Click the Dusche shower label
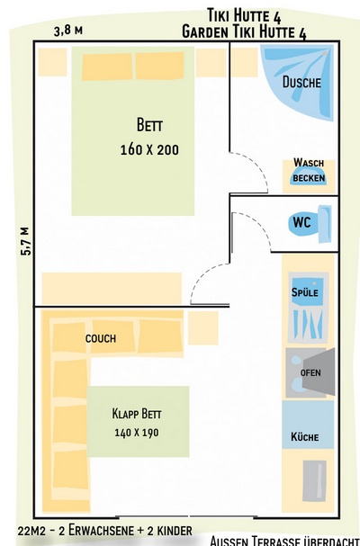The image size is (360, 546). (301, 83)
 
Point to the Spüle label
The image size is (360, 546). (305, 291)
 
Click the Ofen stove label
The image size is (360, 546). (310, 373)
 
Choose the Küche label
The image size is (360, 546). (305, 436)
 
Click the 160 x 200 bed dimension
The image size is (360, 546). (149, 149)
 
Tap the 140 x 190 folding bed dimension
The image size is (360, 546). (137, 433)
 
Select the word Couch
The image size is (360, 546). (101, 338)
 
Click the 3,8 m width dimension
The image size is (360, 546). (68, 31)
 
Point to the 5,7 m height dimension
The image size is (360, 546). (25, 242)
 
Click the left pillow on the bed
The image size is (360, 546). (107, 67)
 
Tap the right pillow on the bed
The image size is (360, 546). (159, 66)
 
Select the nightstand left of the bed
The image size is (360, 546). (52, 62)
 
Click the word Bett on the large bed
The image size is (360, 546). (149, 125)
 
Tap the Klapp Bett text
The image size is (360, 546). (137, 414)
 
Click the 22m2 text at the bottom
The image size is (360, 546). (30, 532)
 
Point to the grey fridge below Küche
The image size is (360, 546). (314, 481)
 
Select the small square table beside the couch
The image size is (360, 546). (203, 328)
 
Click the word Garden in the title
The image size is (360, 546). (205, 32)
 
